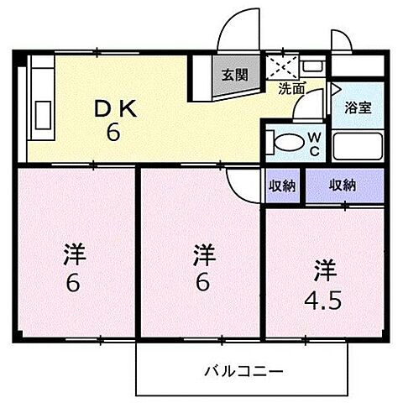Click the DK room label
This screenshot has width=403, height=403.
click(x=111, y=108)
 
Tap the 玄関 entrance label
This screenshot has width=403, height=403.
click(x=234, y=74)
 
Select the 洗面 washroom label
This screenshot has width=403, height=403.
click(x=291, y=86)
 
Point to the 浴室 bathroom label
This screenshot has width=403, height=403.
click(x=357, y=107)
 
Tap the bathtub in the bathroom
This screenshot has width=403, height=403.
click(x=357, y=145)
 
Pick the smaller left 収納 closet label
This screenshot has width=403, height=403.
click(x=283, y=186)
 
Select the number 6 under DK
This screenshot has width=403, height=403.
click(x=111, y=132)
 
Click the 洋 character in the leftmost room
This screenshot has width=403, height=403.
click(x=74, y=253)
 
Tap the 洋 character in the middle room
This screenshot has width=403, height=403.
click(x=201, y=253)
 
